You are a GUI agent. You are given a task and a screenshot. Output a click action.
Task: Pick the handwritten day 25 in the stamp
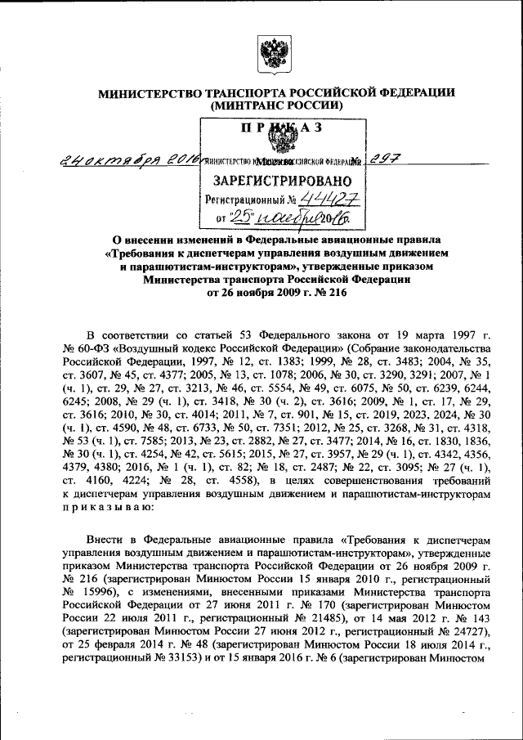pos(242,217)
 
